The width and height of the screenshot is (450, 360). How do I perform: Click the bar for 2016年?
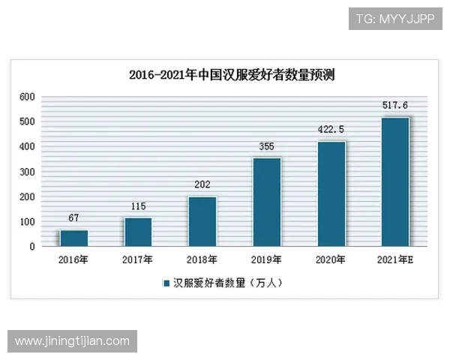tap(73, 238)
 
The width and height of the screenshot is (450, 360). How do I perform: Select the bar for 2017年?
tap(138, 232)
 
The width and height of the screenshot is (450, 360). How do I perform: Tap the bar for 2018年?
tap(202, 221)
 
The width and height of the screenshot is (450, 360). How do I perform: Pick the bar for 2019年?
tap(266, 202)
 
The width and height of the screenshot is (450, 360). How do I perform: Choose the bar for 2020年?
tap(331, 193)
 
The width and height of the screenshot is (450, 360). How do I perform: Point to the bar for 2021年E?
tap(395, 181)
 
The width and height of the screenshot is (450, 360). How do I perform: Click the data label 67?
tap(73, 217)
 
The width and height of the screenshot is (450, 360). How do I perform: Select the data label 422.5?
tap(331, 129)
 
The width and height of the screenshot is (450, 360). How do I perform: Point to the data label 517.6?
tap(395, 106)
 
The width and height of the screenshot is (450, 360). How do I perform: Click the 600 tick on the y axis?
tap(27, 97)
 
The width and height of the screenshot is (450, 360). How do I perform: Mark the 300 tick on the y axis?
tap(27, 172)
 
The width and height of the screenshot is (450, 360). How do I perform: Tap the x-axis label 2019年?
tap(266, 260)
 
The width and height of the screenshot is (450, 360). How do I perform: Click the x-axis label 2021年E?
tap(395, 260)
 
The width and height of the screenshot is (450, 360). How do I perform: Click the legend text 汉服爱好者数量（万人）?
tap(228, 283)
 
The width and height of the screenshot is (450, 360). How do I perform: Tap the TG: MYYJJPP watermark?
tap(394, 19)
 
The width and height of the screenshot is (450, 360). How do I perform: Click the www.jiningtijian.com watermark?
tap(72, 341)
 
